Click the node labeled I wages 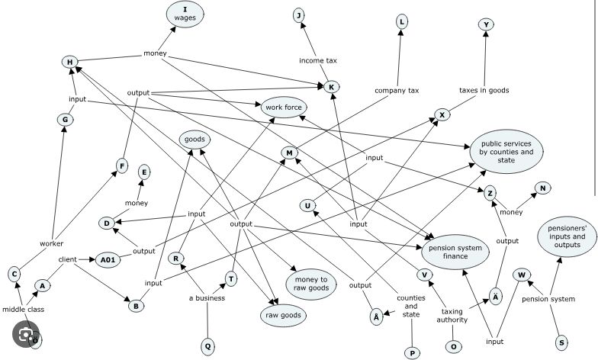pos(185,14)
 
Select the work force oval pos(284,107)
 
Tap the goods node pos(195,140)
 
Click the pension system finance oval pos(455,252)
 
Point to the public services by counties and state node pos(506,152)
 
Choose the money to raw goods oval pos(311,284)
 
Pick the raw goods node pos(283,316)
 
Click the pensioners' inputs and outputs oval pos(567,236)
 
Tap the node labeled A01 pos(108,260)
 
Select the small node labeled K pos(331,87)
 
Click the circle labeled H pos(70,63)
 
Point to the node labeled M pos(289,153)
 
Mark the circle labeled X pos(442,114)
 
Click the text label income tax pos(317,60)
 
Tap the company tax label pos(397,90)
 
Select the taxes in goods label pos(484,90)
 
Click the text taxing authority pos(452,316)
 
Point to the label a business pos(207,297)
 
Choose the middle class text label pos(23,310)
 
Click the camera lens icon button pos(26,334)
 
